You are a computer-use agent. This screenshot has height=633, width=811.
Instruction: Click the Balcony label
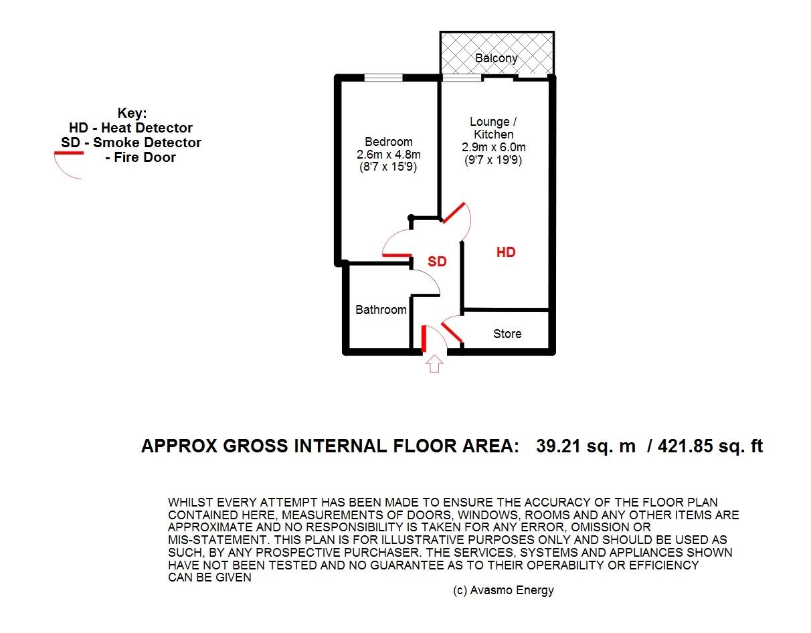(x=496, y=58)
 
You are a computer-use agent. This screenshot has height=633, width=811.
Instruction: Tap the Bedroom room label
(x=388, y=142)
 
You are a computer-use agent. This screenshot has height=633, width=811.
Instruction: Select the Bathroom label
(x=381, y=310)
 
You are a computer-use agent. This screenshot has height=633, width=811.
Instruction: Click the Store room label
(x=507, y=334)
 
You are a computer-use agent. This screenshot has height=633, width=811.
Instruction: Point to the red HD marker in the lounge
(x=506, y=252)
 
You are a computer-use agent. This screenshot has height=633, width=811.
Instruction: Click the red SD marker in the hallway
(x=437, y=262)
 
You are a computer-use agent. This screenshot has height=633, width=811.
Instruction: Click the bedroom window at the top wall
(x=383, y=78)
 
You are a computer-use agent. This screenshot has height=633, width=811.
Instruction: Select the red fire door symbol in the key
(x=68, y=154)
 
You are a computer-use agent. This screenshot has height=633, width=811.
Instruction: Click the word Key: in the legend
(x=131, y=113)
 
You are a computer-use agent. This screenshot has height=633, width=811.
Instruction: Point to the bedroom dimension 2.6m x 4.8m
(x=388, y=155)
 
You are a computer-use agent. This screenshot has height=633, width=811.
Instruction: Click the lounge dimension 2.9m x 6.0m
(x=492, y=147)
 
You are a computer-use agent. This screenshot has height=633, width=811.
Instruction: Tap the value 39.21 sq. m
(x=585, y=447)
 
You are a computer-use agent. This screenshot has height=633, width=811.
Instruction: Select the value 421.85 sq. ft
(x=710, y=447)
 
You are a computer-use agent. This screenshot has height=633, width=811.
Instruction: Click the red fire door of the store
(x=452, y=333)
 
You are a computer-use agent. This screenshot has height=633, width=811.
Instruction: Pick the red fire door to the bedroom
(x=396, y=255)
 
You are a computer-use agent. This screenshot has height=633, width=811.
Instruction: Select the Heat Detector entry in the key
(x=130, y=128)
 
